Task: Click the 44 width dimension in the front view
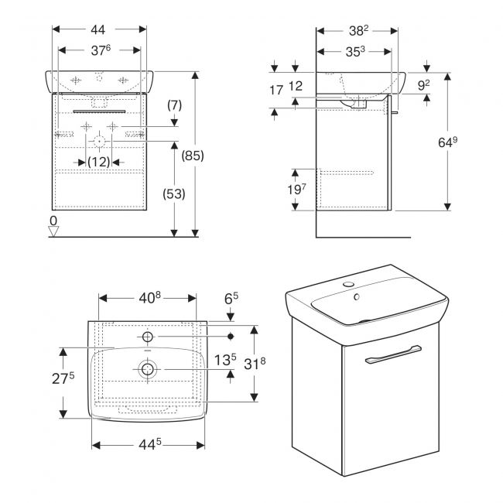(98, 29)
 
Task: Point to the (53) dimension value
(174, 194)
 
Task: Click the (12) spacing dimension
(98, 162)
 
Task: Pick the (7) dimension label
(173, 103)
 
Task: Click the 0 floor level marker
(53, 221)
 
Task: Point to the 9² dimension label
(424, 86)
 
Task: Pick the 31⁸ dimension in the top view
(267, 363)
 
